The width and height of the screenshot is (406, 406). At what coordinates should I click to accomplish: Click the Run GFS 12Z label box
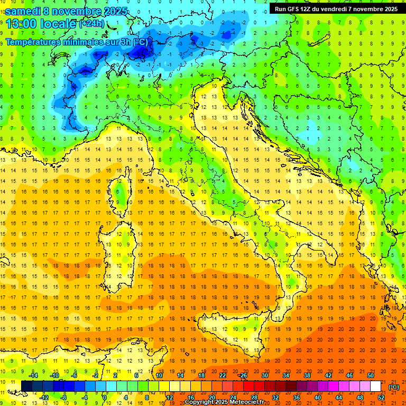coord(336,9)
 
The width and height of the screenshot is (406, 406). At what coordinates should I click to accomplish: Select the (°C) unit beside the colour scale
coord(394,387)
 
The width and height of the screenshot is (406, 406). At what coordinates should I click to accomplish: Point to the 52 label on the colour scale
coord(381,397)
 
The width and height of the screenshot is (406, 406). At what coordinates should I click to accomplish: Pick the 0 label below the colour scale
coord(105,397)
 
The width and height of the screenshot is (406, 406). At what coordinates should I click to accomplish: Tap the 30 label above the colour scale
coord(265,375)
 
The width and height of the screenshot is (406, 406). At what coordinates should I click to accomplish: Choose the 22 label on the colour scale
coord(223,375)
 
